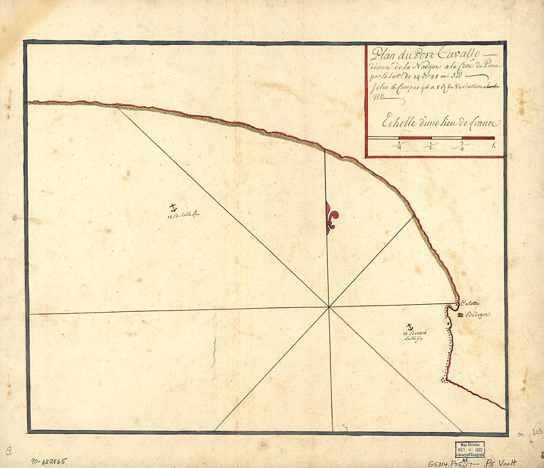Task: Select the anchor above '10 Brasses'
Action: click(x=409, y=327)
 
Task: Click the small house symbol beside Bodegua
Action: click(x=460, y=315)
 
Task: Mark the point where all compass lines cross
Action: click(x=329, y=307)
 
